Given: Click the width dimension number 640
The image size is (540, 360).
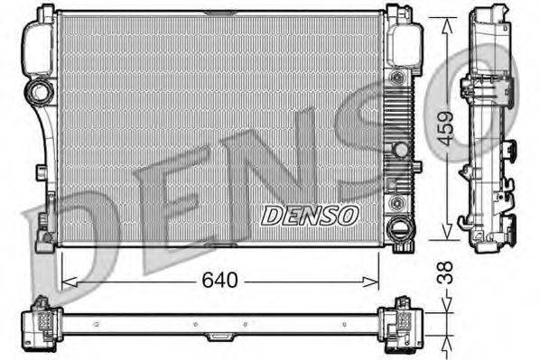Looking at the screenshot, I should tap(221, 281).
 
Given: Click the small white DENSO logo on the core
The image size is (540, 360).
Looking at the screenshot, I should tap(311, 214).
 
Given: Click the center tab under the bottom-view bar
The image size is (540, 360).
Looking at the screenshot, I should tap(218, 336).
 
